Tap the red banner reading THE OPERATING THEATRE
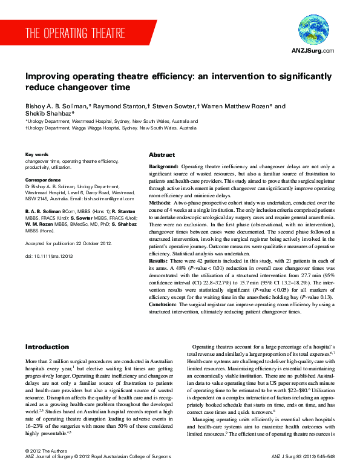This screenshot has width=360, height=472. coord(76,33)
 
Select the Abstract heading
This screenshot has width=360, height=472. coord(162,155)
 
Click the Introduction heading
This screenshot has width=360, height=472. coord(47,347)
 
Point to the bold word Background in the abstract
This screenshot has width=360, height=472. coord(163,166)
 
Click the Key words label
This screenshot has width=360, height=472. coord(37,154)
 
